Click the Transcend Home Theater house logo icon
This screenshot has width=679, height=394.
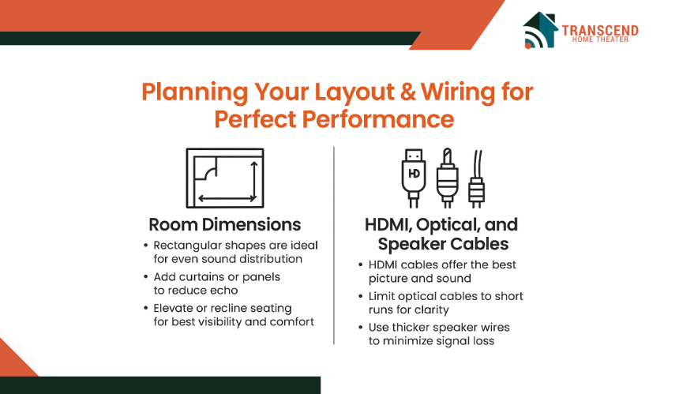(540, 30)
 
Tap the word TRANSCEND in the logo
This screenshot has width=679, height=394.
(600, 31)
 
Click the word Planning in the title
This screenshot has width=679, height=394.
(195, 92)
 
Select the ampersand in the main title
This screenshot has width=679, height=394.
(408, 92)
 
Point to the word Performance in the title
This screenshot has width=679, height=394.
(378, 119)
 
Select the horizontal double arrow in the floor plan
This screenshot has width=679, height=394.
(227, 199)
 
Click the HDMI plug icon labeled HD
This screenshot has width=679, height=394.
(414, 178)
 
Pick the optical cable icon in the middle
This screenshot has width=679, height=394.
(448, 178)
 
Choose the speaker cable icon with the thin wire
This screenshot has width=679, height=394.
(477, 178)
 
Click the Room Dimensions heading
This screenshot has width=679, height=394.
(225, 225)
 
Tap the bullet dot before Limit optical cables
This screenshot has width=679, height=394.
(360, 296)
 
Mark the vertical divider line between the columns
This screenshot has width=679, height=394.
(334, 246)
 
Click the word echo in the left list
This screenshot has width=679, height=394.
(225, 290)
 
